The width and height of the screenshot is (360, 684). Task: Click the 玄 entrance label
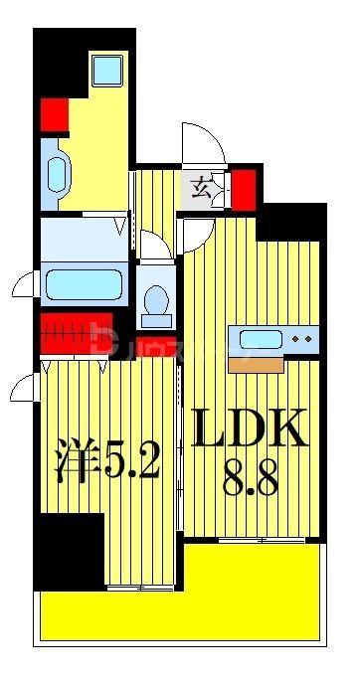point(201,184)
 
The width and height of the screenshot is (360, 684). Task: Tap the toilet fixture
point(155,303)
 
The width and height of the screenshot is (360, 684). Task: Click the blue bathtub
point(84,284)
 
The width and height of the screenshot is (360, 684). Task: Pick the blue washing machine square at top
point(105,70)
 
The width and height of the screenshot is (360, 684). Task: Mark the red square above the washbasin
point(53,113)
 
